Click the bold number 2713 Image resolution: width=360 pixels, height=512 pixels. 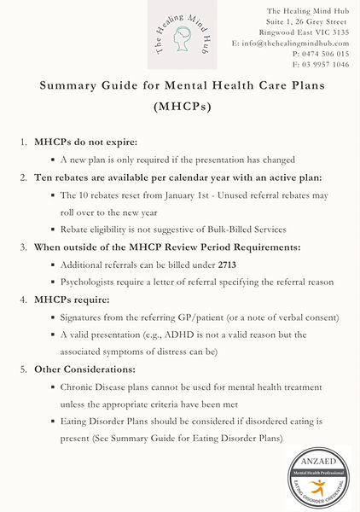coord(227,265)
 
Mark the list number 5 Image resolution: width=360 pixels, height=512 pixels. coord(23,369)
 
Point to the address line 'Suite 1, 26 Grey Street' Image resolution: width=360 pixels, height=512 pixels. coord(308,20)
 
